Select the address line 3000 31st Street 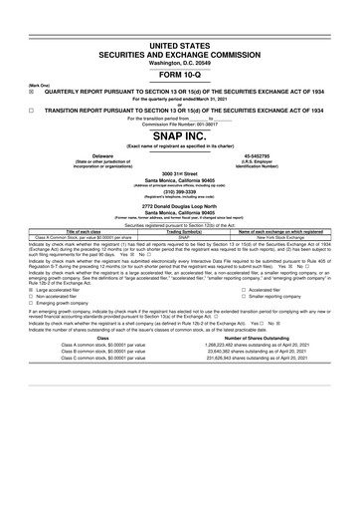179,173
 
